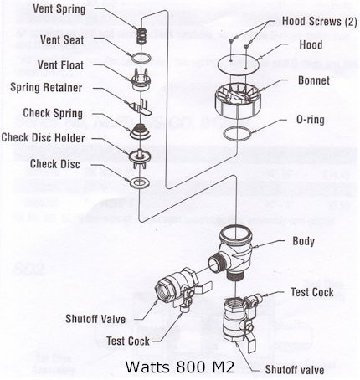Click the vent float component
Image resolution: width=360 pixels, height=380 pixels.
pos(141,80)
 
